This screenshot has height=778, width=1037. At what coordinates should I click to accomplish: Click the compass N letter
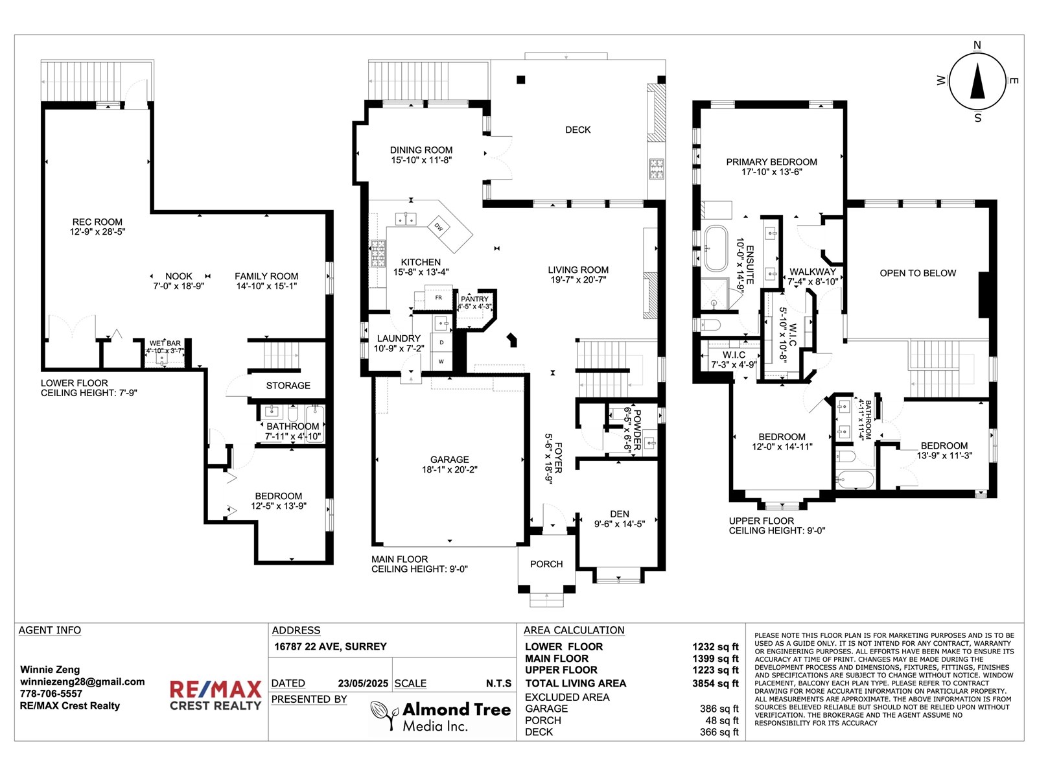(x=977, y=45)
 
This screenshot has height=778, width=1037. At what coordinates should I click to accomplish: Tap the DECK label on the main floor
(x=577, y=130)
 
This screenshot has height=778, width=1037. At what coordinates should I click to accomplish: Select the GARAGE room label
(x=449, y=460)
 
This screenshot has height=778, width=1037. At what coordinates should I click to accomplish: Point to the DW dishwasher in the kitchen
(x=439, y=227)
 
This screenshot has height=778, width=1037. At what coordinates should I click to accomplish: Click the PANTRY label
(x=474, y=299)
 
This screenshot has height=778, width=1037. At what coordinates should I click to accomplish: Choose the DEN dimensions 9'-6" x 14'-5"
(x=619, y=524)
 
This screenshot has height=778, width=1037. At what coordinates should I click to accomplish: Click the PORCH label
(x=546, y=564)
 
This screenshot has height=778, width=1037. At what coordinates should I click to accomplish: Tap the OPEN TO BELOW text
(x=917, y=273)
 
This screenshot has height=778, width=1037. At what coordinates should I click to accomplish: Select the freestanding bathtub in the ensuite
(x=716, y=248)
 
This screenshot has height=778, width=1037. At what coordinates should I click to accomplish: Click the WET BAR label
(x=165, y=343)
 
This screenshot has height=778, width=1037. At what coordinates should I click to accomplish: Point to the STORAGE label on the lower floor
(x=288, y=385)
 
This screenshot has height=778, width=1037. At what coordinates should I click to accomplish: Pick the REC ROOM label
(x=97, y=222)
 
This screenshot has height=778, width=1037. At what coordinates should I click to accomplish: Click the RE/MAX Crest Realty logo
(x=215, y=695)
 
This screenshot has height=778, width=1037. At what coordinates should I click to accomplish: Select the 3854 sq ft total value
(x=715, y=683)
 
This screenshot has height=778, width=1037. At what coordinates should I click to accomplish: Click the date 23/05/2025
(x=363, y=683)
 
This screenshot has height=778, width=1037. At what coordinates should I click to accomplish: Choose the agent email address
(x=82, y=681)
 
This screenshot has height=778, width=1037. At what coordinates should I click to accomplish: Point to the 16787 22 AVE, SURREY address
(x=330, y=646)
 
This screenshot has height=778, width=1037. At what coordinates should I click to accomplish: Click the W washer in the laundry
(x=441, y=361)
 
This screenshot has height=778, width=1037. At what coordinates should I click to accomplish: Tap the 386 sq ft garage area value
(x=719, y=709)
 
